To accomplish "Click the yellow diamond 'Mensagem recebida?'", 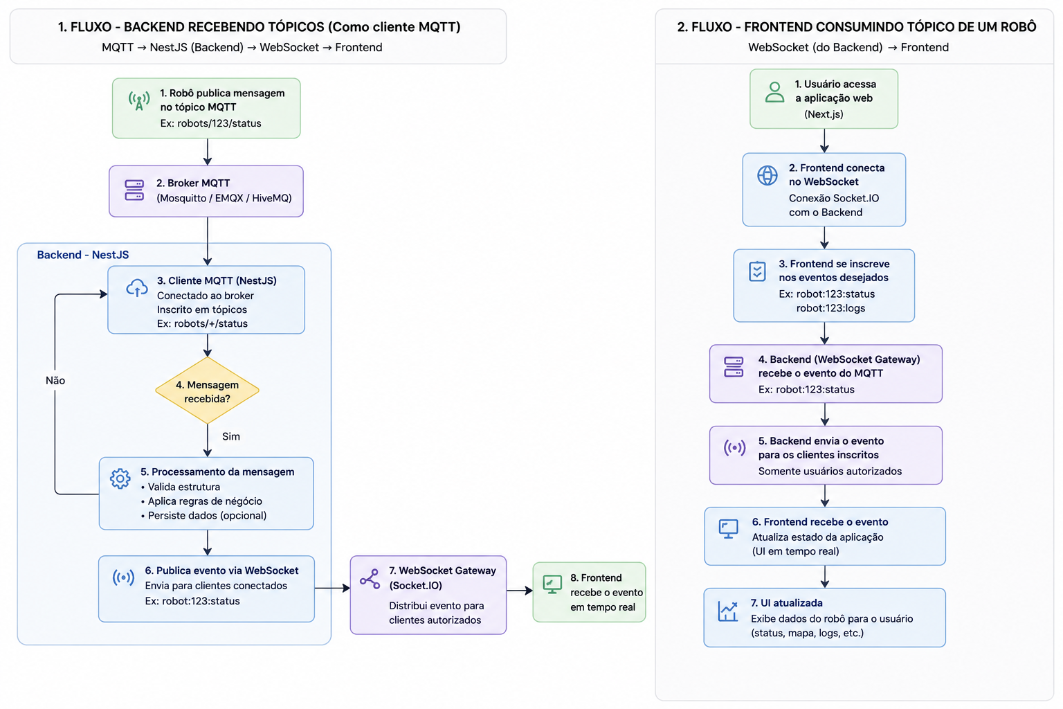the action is coord(208,391).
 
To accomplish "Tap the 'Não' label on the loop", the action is coord(55,380).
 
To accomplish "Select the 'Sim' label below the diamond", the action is coord(231,436).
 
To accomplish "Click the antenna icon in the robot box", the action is coord(139,100).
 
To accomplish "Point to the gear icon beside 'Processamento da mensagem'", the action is coord(120,478).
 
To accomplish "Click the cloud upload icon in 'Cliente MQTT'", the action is coord(136,288).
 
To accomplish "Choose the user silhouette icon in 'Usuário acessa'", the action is coord(774,92).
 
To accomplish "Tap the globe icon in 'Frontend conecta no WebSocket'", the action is coord(767,175).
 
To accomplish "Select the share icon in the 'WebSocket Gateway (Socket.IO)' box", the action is coord(370,579).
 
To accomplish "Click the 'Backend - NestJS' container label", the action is coord(83,255).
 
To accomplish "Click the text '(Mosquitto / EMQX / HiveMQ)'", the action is coord(224,198).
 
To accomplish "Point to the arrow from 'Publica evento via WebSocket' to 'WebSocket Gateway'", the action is coord(332,588).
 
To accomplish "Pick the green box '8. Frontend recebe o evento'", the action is coord(589,592).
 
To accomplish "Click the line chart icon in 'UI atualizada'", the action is coord(728,611).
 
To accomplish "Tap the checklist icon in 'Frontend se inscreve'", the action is coord(757,271).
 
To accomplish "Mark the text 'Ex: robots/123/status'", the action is coord(210,123).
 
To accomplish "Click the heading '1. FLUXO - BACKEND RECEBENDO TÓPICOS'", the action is coord(191,27).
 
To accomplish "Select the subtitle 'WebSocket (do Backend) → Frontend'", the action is coord(848,48).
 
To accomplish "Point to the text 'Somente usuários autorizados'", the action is coord(830,471).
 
